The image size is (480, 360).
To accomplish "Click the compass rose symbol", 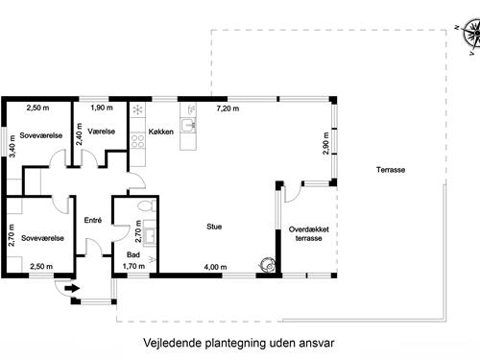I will [x=468, y=36].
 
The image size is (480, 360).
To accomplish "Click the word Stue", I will [x=214, y=228].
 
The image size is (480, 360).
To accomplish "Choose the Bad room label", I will [x=132, y=254].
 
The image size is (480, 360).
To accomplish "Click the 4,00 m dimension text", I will [x=215, y=266].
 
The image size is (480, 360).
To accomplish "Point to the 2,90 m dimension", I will [x=326, y=141].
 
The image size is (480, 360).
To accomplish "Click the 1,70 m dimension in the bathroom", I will [x=134, y=266].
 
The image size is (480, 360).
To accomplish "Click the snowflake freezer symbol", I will [x=137, y=109].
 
